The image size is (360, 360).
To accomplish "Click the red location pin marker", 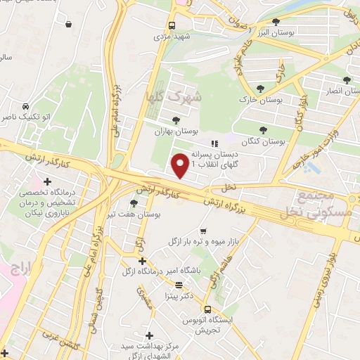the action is pos(181,166).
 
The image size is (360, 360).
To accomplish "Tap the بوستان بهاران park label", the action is pos(176,131).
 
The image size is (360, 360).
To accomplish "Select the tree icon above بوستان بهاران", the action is pos(176,120).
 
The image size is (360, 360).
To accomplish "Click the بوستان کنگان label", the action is pos(262,141).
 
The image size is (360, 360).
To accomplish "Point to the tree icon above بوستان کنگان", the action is pos(263,130).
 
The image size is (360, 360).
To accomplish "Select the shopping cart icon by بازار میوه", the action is pos(203,231).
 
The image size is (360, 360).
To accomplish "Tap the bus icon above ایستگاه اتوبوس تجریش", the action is pos(207,309).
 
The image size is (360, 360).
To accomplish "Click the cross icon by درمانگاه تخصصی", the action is pos(47,182).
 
